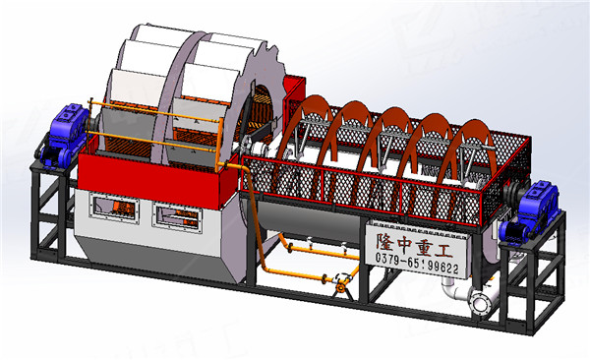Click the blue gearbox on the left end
(65, 137)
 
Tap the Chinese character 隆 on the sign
(387, 241)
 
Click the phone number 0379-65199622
(417, 264)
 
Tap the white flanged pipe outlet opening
(481, 302)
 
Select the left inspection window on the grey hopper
(114, 208)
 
